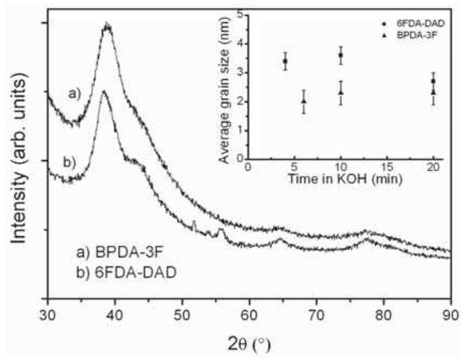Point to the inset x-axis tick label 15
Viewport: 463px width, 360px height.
click(387, 167)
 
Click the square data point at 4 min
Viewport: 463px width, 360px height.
click(285, 61)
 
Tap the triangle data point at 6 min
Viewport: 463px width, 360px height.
click(304, 101)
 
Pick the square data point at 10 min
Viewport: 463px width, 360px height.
click(341, 55)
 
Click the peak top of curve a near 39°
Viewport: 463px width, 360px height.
click(108, 25)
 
